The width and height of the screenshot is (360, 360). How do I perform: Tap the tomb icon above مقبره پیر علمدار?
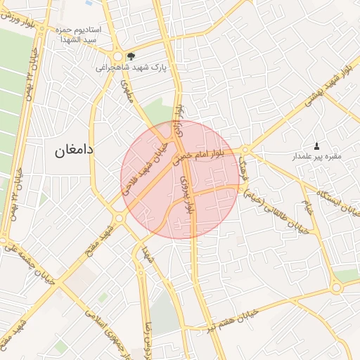tap(316, 147)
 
